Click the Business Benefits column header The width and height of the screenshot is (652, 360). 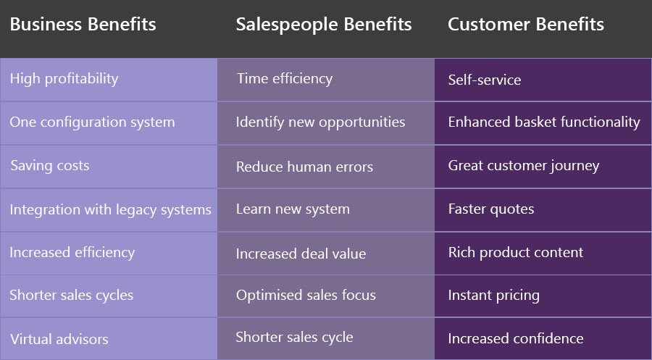tap(83, 24)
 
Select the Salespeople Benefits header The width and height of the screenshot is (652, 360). tap(324, 25)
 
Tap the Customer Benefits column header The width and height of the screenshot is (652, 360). tap(526, 24)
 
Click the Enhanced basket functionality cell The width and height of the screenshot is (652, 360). tap(544, 122)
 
